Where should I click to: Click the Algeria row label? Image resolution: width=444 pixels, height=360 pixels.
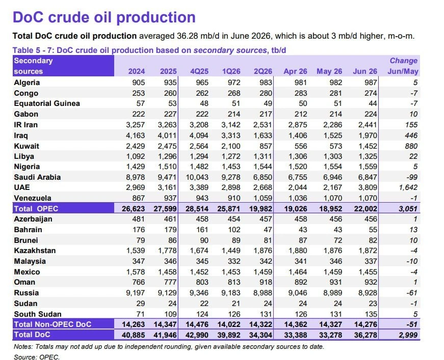tap(27, 82)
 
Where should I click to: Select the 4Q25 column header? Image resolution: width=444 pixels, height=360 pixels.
tap(199, 71)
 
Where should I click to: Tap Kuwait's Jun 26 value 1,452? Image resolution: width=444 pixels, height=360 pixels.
tap(368, 146)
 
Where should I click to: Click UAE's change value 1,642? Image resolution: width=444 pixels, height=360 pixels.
tap(408, 187)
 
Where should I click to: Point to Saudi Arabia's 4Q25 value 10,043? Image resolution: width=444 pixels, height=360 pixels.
tap(197, 177)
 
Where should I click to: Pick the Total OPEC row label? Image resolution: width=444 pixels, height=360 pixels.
tap(36, 209)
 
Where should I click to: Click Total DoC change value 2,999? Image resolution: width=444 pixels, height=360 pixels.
tap(408, 335)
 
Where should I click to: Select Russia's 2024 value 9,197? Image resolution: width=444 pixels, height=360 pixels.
tap(136, 293)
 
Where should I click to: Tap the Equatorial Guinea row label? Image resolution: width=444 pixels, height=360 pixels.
tap(47, 103)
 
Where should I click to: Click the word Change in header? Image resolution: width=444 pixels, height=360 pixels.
tap(404, 61)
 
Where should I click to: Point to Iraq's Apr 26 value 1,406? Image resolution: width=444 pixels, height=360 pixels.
tap(298, 136)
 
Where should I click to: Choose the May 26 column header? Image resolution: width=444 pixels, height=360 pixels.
tap(329, 71)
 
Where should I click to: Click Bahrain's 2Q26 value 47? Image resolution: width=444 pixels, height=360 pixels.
tap(268, 230)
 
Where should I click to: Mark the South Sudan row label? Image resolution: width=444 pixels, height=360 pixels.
tap(38, 314)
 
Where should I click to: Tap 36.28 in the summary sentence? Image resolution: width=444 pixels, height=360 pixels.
tap(187, 36)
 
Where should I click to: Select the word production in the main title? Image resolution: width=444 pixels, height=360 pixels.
tap(156, 17)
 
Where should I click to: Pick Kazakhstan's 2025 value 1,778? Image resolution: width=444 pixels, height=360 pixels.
tap(167, 251)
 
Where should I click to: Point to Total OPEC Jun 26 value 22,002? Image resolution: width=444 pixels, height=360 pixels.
tap(365, 209)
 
